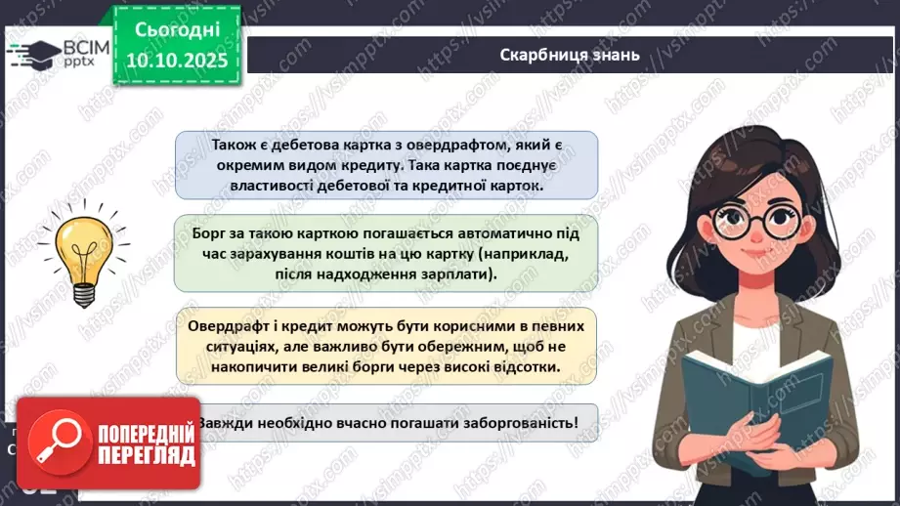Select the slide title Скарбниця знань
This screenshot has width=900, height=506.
point(569,55)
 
